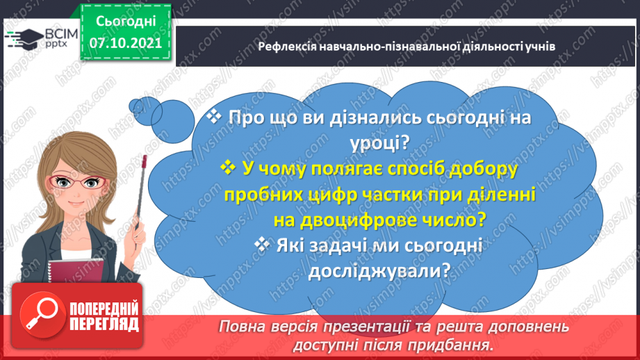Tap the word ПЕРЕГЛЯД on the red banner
[104, 325]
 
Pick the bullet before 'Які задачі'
[261, 245]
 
